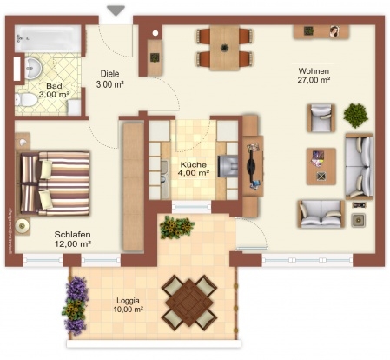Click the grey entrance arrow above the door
click(x=116, y=10)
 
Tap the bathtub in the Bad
click(x=49, y=38)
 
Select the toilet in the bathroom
click(x=26, y=99)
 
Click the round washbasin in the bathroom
click(x=32, y=68)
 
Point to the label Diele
click(x=109, y=74)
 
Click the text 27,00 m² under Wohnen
click(x=314, y=80)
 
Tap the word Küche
click(x=194, y=164)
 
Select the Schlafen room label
click(x=72, y=234)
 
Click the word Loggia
click(x=128, y=301)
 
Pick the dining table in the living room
click(x=225, y=48)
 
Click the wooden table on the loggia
click(x=189, y=303)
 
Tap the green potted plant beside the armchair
click(x=355, y=116)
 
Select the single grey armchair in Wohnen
click(x=321, y=118)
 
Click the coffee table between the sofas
click(x=321, y=166)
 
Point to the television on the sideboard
click(x=251, y=166)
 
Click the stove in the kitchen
click(x=228, y=166)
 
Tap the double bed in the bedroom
click(x=53, y=183)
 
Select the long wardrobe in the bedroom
click(x=133, y=187)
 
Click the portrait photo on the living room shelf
click(x=334, y=31)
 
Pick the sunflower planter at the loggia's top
click(x=176, y=227)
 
